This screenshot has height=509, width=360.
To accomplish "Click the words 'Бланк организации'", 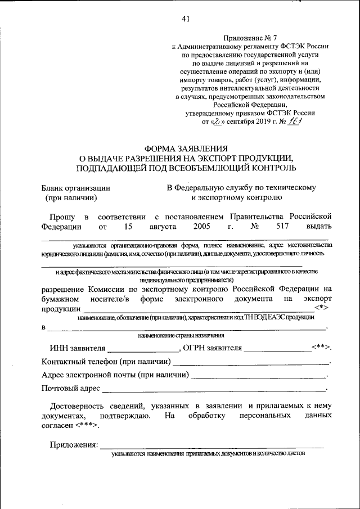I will pos(76,188).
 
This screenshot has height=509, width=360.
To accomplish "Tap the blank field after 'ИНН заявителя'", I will pos(143,348).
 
